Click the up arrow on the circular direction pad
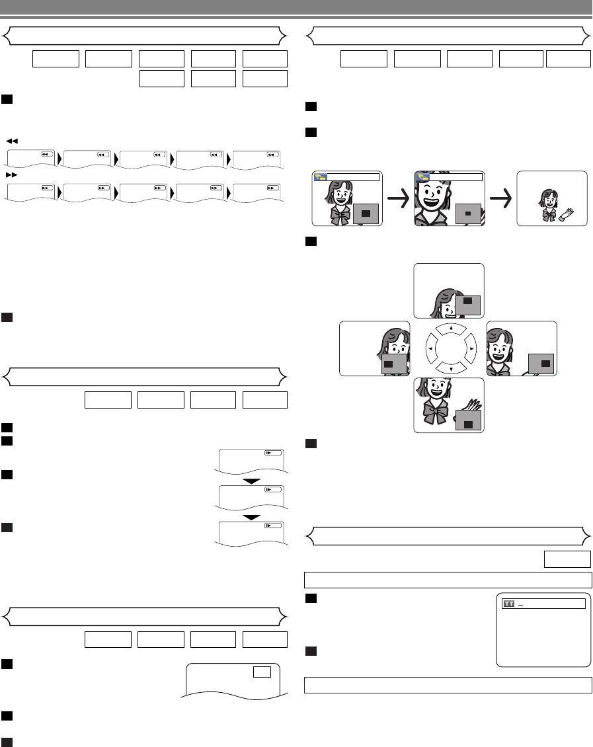pyautogui.click(x=450, y=327)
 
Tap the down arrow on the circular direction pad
pyautogui.click(x=450, y=368)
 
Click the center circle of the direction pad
pyautogui.click(x=450, y=348)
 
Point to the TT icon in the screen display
pyautogui.click(x=508, y=604)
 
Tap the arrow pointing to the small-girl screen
pyautogui.click(x=500, y=198)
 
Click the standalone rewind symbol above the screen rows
pyautogui.click(x=12, y=141)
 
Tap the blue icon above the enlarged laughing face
pyautogui.click(x=421, y=177)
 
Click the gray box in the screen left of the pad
pyautogui.click(x=389, y=364)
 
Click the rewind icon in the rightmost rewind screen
pyautogui.click(x=270, y=154)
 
